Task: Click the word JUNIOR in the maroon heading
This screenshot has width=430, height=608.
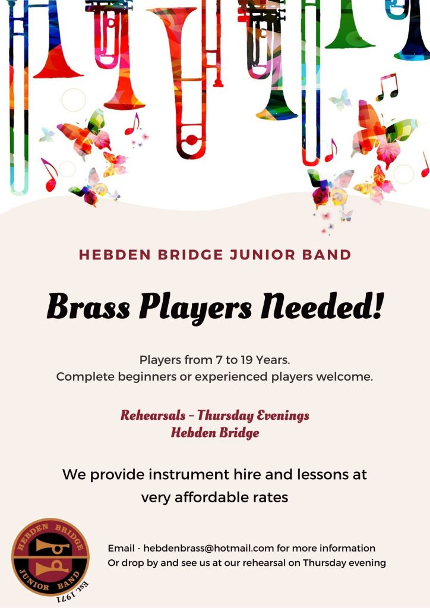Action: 263,255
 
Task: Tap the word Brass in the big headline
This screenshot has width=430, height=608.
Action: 88,306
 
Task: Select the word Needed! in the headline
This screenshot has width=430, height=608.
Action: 322,306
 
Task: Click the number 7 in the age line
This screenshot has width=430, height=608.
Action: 219,360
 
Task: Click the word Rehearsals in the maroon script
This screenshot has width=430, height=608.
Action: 153,415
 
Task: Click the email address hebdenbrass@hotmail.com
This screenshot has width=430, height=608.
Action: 208,548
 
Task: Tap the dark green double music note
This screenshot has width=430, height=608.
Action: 387,87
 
